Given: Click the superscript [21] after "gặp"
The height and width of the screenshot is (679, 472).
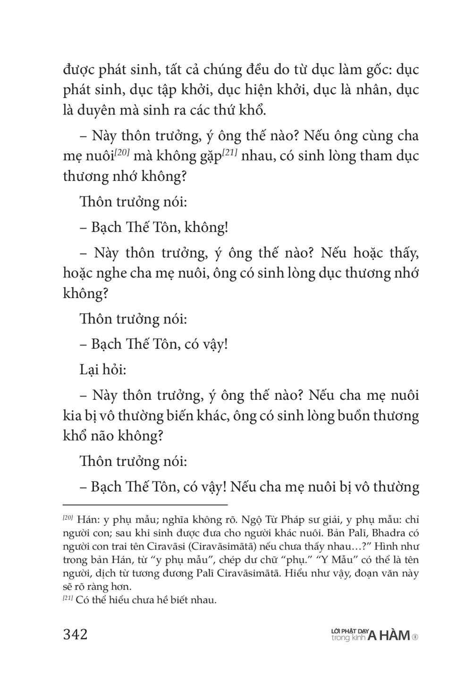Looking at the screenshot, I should click(x=229, y=153).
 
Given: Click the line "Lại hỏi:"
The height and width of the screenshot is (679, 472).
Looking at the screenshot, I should click(x=103, y=369).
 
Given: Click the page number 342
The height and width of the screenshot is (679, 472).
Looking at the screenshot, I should click(x=76, y=634).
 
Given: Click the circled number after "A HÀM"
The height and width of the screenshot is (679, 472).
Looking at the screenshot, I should click(x=415, y=637).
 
